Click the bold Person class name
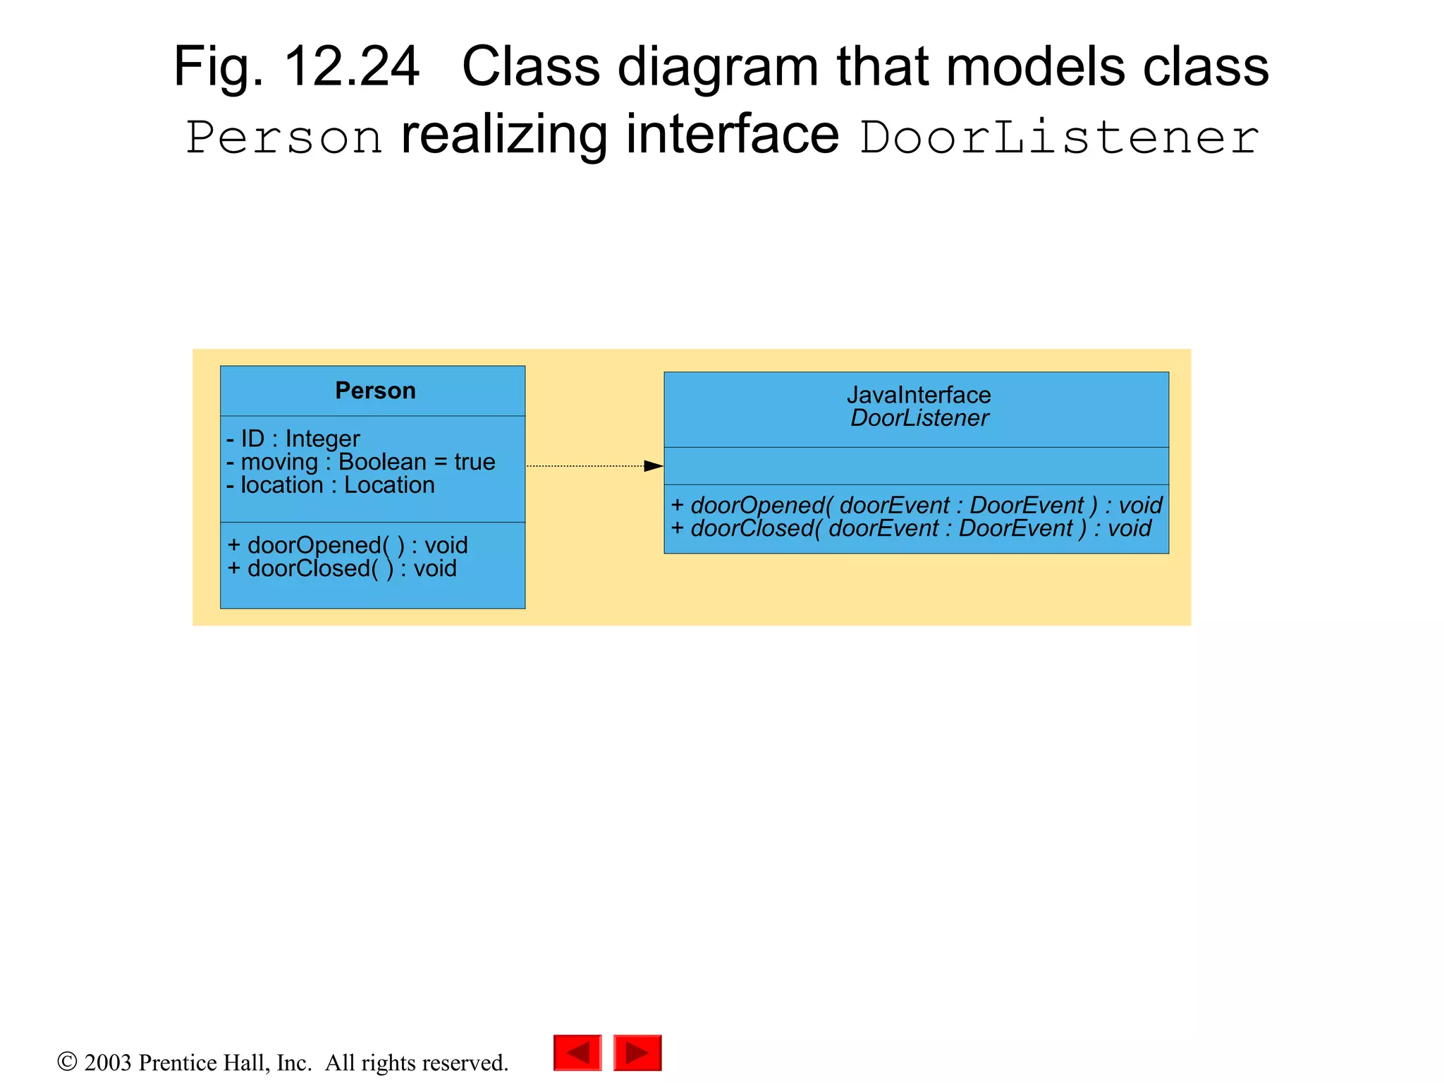(x=375, y=391)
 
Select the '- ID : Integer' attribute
(x=293, y=439)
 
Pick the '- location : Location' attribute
(x=330, y=485)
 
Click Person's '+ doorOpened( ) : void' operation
(x=348, y=545)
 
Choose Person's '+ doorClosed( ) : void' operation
(x=342, y=568)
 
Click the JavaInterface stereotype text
(x=918, y=395)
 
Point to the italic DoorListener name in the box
(x=919, y=418)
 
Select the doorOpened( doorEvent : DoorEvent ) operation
(x=916, y=506)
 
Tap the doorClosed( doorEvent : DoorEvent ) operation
(x=910, y=528)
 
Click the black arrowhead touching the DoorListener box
(x=654, y=466)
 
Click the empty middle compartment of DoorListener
(x=916, y=466)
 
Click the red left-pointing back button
(x=577, y=1053)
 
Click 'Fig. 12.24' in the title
(x=296, y=67)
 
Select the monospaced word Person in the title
(x=284, y=137)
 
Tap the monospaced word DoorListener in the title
(x=1059, y=137)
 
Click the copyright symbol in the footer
(x=67, y=1061)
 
